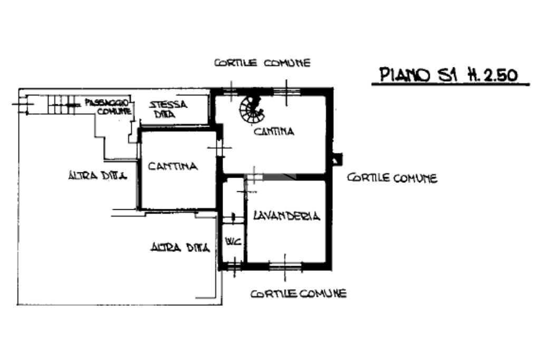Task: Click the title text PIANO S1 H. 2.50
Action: pyautogui.click(x=448, y=75)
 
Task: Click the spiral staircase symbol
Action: pyautogui.click(x=251, y=109)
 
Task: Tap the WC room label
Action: pyautogui.click(x=233, y=242)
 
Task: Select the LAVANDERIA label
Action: pyautogui.click(x=286, y=216)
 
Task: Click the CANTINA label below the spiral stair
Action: pyautogui.click(x=274, y=131)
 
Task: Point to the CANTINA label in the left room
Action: pyautogui.click(x=173, y=166)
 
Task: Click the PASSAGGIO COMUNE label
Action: pyautogui.click(x=107, y=107)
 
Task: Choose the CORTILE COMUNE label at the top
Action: pyautogui.click(x=262, y=63)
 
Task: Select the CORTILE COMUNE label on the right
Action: pyautogui.click(x=392, y=178)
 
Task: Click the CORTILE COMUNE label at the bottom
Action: pyautogui.click(x=298, y=293)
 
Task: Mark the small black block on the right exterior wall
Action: pyautogui.click(x=337, y=159)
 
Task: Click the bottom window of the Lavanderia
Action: pyautogui.click(x=285, y=266)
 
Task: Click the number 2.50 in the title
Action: pyautogui.click(x=499, y=75)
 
